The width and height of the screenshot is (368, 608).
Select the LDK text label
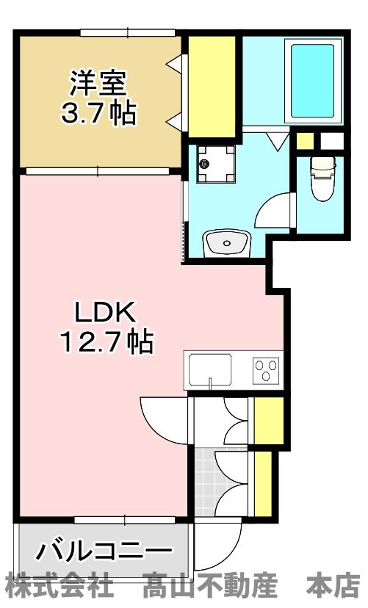coord(105,314)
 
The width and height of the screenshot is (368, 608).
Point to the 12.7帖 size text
coord(105,341)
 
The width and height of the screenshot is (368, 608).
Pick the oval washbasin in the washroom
coord(227,242)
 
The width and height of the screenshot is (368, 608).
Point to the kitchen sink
coord(210,369)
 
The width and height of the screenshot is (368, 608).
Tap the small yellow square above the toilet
coord(305,140)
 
